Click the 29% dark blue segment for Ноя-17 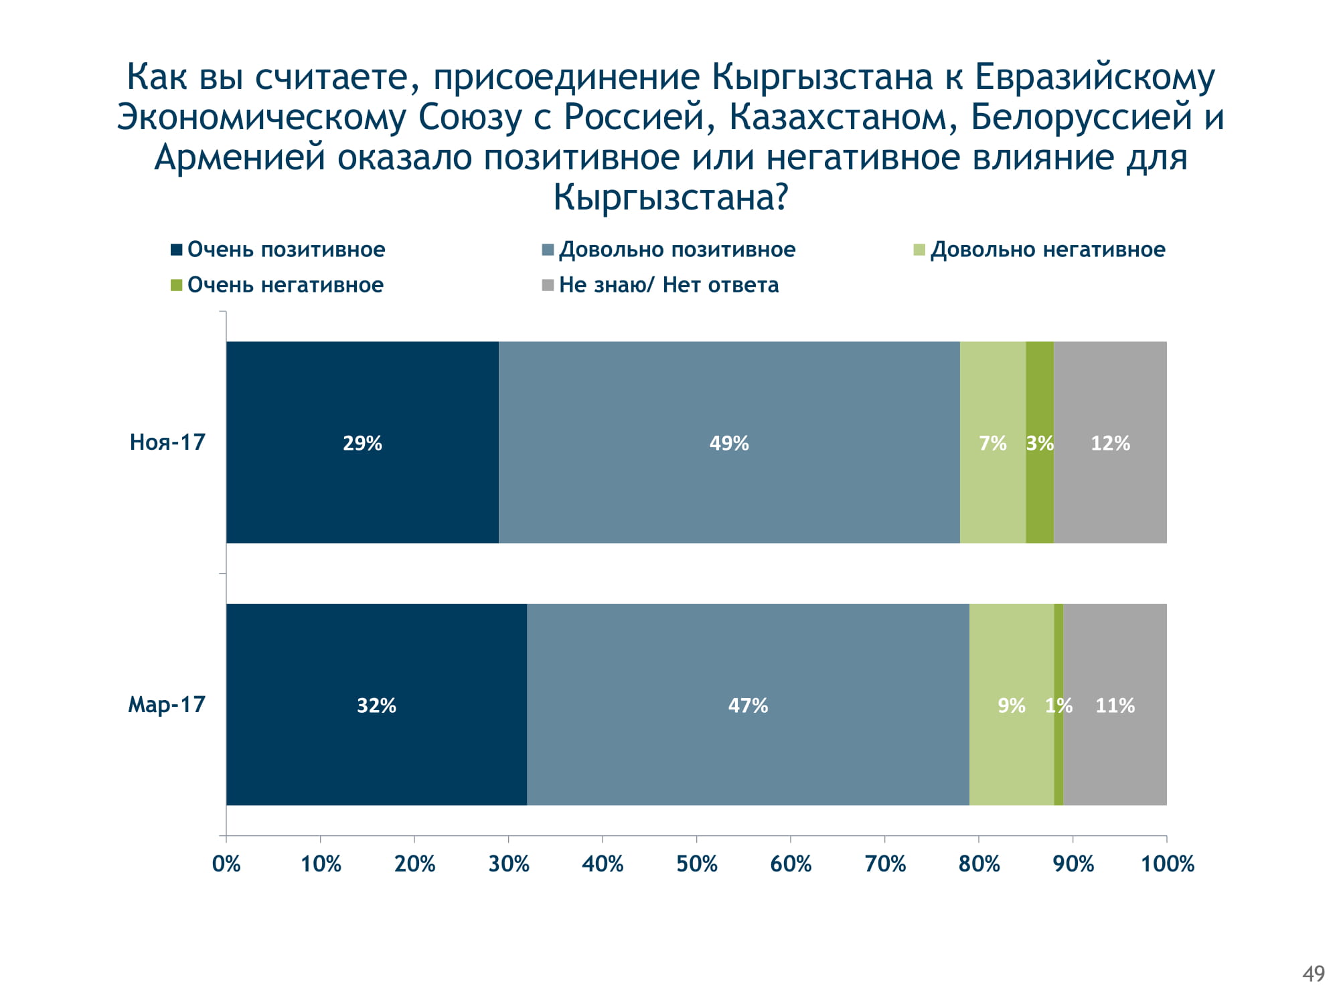pos(362,442)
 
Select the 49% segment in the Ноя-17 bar pos(729,442)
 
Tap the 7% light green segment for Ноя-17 pos(993,442)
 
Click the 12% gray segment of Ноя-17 pos(1110,442)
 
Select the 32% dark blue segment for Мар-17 pos(376,705)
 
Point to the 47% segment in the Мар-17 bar pos(748,705)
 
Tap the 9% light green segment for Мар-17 pos(1012,705)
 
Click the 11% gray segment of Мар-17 pos(1115,705)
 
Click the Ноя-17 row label pos(167,442)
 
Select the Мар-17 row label pos(167,705)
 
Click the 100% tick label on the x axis pos(1167,864)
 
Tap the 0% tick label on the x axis pos(226,864)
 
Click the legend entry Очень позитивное pos(286,250)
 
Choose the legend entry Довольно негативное pos(1047,250)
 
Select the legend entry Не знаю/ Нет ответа pos(668,285)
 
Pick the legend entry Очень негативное pos(285,285)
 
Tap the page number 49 pos(1314,974)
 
